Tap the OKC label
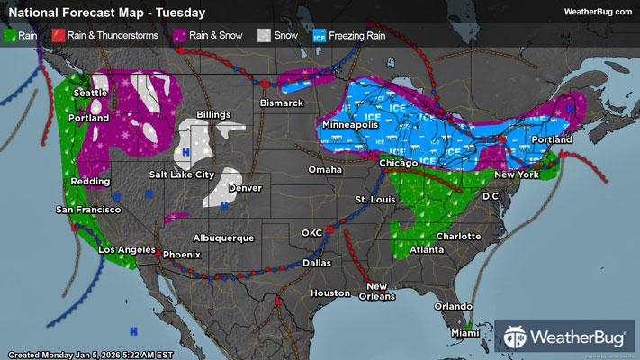311,232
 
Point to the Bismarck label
282,103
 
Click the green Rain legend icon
12,37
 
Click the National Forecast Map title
105,13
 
